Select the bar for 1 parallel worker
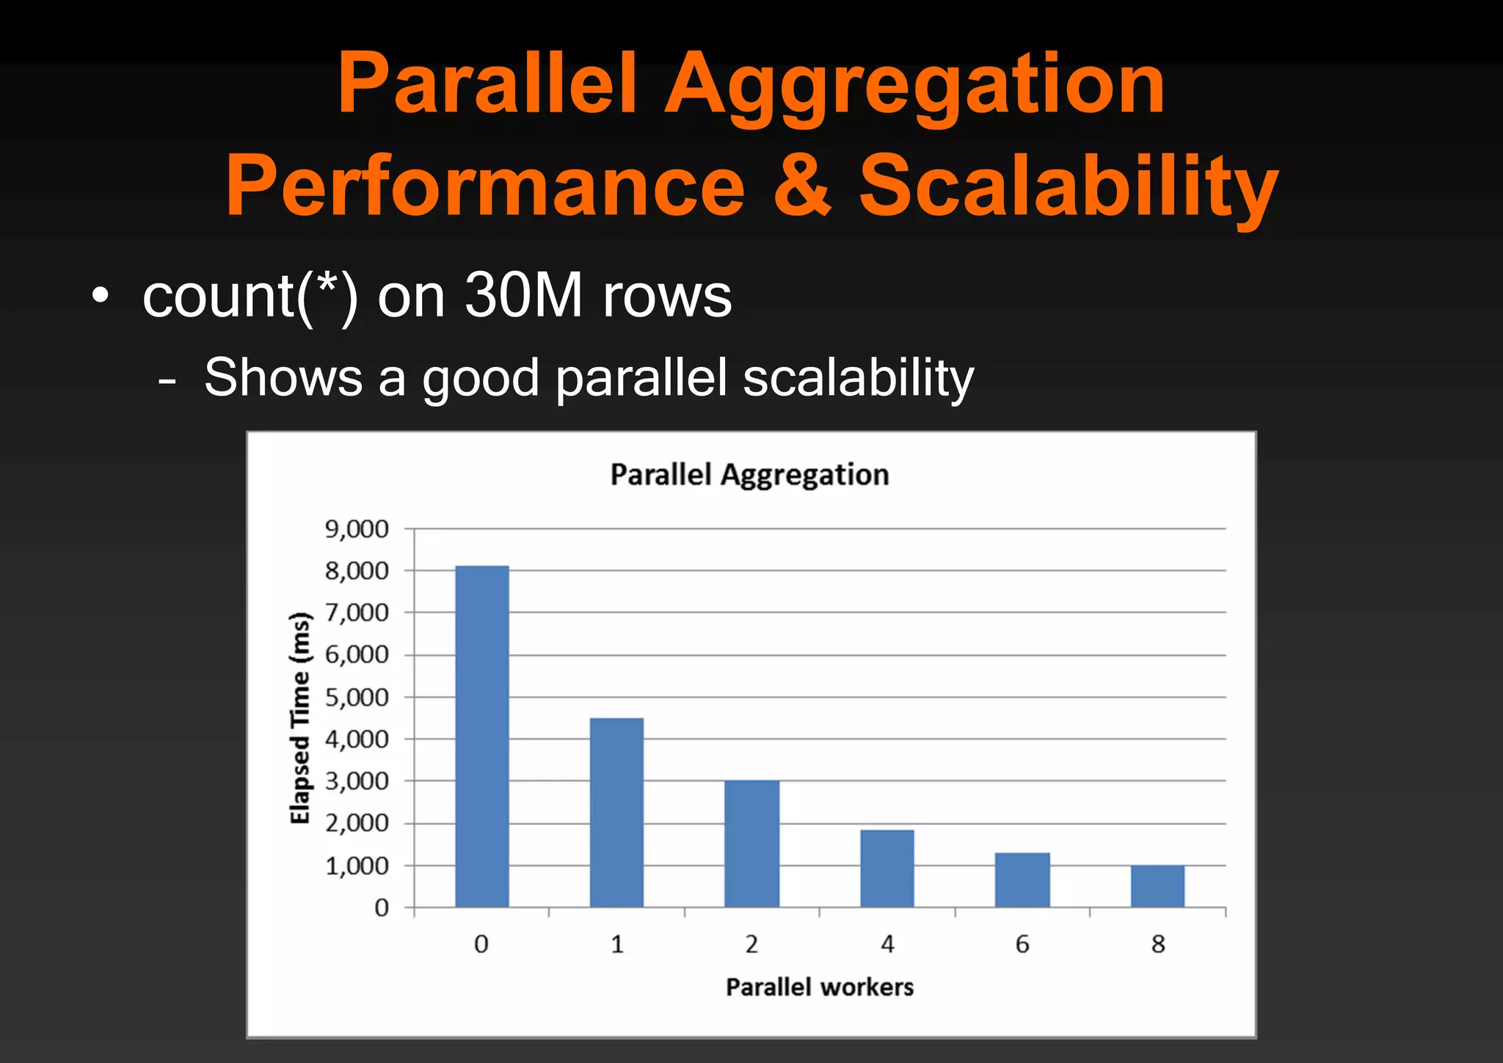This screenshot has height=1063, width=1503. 616,813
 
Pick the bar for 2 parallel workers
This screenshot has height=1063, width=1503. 751,844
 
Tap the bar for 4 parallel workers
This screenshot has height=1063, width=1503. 887,868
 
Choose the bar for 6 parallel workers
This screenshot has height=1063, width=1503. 1022,879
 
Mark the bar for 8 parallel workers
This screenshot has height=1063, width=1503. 1157,886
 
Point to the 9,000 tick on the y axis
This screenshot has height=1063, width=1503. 357,529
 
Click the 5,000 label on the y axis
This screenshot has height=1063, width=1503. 357,697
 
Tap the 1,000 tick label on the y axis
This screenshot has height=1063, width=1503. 357,866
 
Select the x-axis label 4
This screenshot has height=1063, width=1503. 887,944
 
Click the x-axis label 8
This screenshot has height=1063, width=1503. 1158,944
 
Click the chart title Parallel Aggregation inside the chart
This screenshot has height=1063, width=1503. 749,475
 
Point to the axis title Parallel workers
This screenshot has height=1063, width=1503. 820,987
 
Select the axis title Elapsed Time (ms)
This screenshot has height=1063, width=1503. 300,718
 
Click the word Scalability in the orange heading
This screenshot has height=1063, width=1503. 1069,185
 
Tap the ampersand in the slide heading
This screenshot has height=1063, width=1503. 803,185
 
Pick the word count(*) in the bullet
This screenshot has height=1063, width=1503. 250,297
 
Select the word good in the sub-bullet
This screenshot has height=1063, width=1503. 481,379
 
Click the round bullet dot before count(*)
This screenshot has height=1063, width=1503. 101,297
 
